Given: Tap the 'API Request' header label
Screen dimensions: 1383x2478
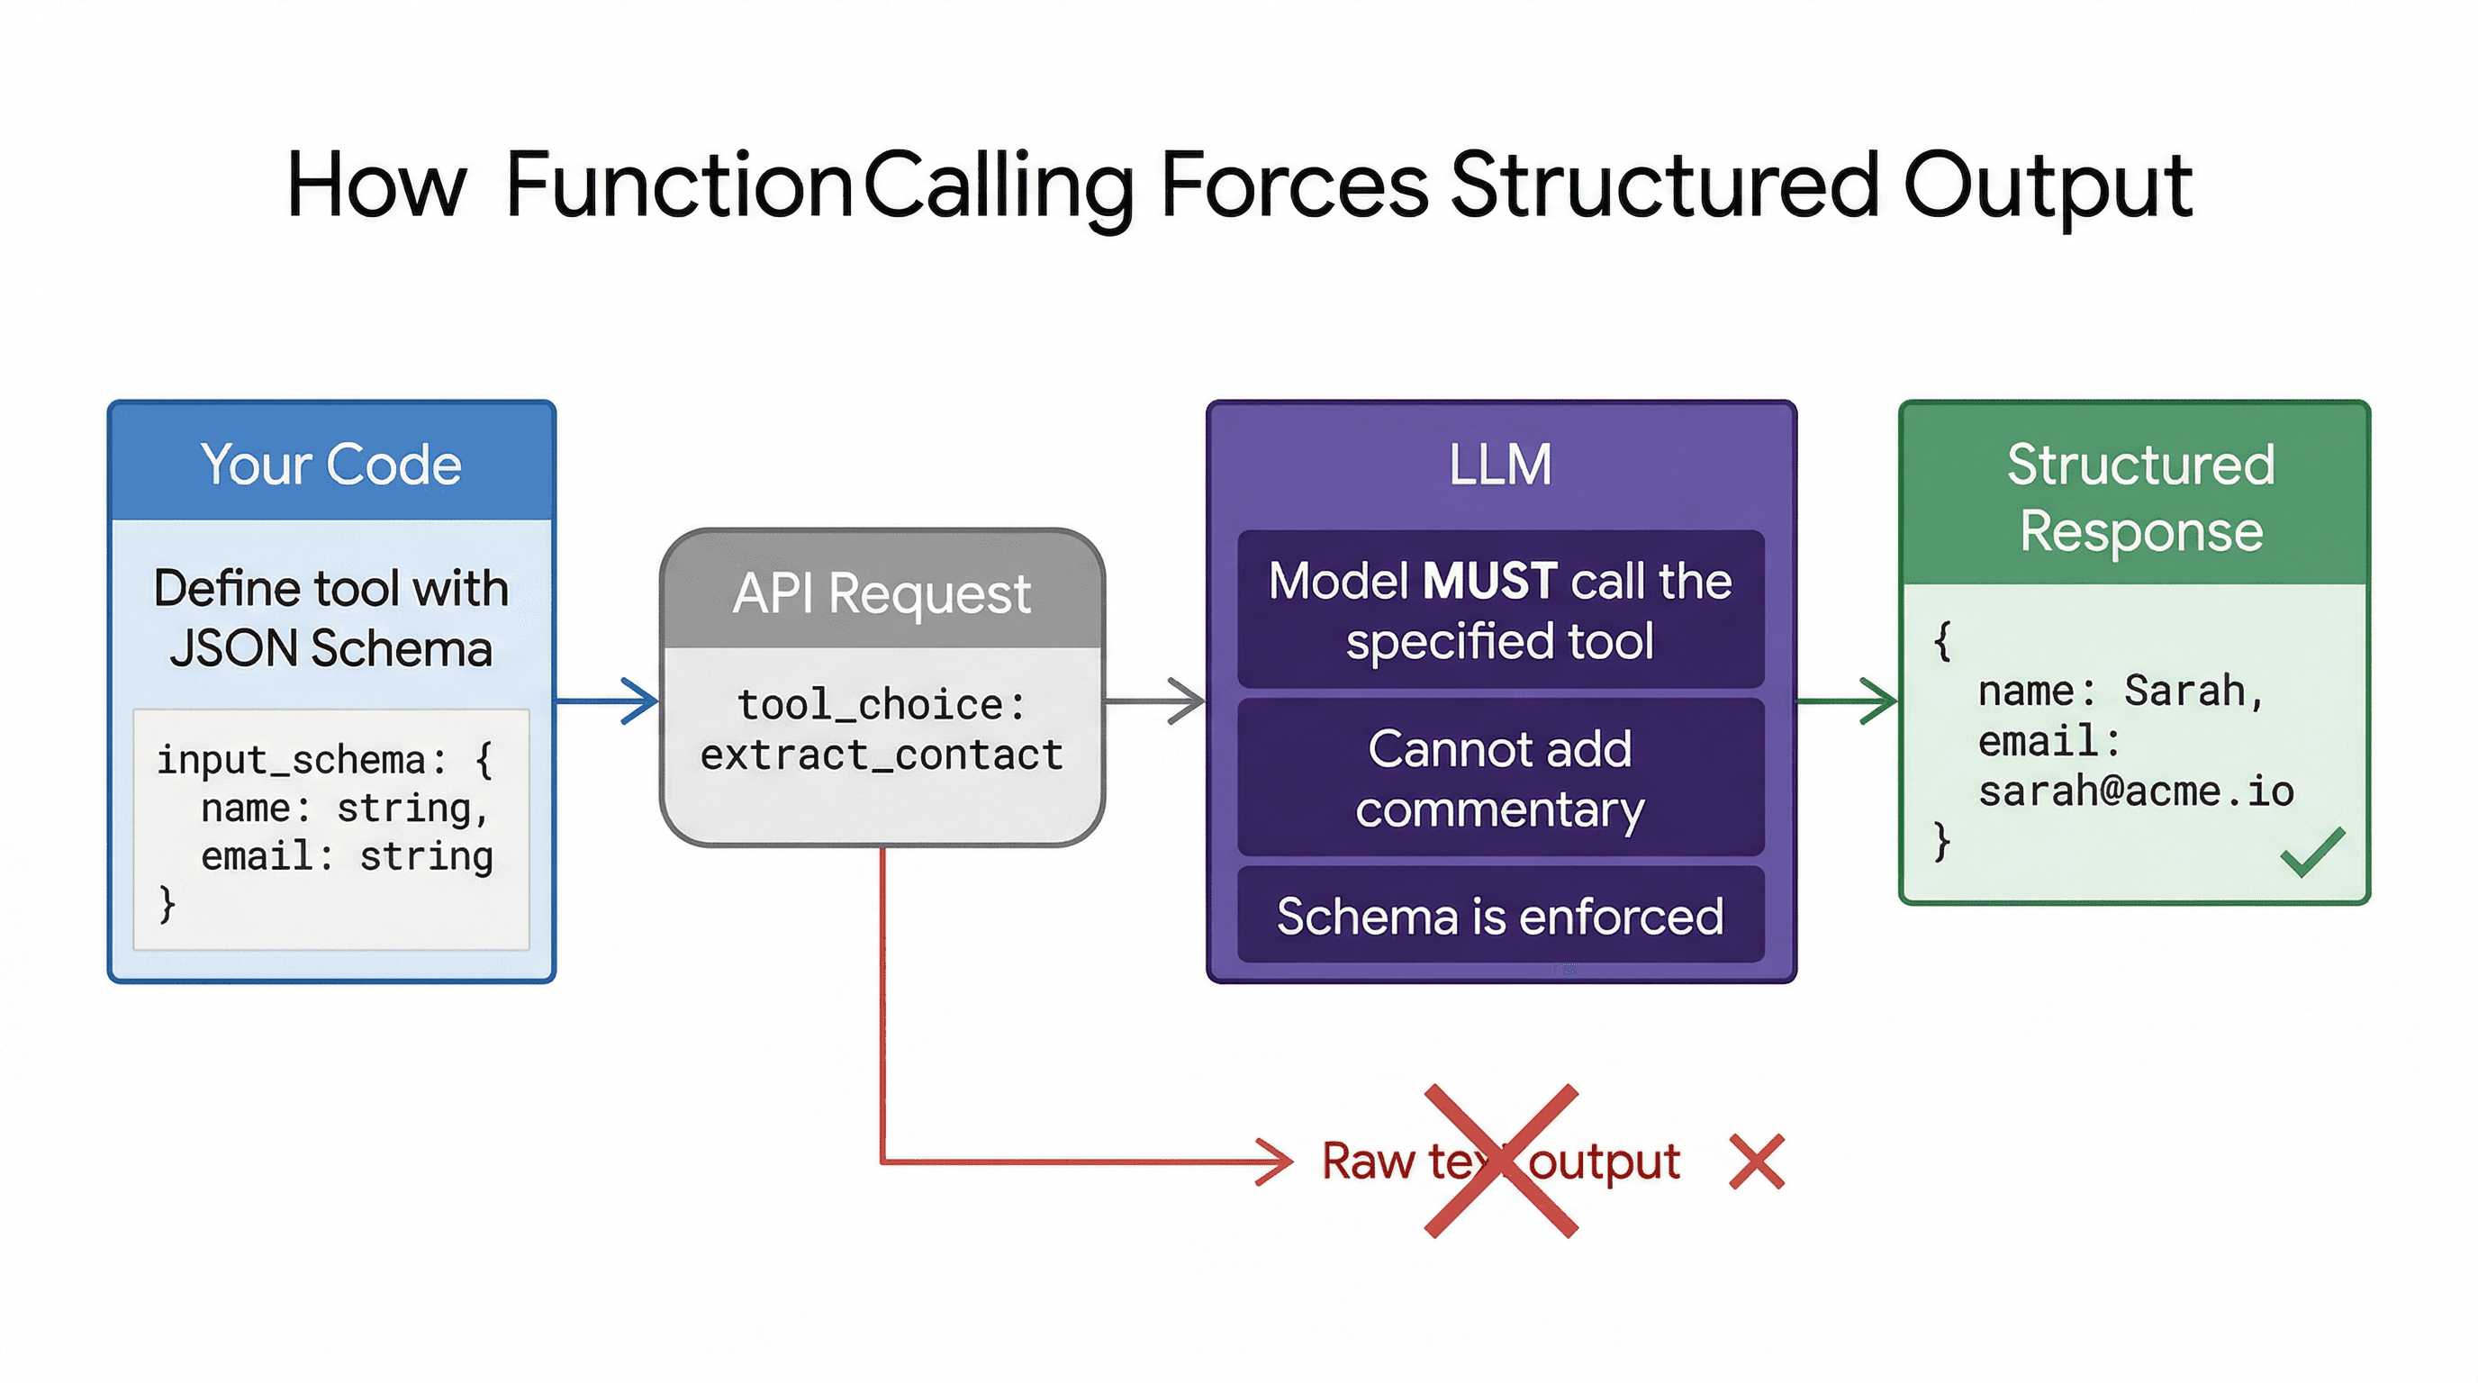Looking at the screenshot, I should [882, 592].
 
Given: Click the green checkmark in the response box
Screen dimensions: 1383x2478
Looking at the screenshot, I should [2311, 852].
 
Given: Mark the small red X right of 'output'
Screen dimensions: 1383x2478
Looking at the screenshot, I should [1756, 1162].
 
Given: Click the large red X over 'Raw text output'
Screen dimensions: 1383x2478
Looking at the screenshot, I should [1501, 1161].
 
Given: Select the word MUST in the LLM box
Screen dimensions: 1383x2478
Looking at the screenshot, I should [1489, 581].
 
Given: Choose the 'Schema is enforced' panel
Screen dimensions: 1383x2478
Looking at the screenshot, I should [1500, 916].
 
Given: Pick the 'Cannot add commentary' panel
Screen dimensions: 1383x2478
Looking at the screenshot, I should [1500, 778].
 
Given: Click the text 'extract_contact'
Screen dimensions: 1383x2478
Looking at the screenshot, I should [882, 755].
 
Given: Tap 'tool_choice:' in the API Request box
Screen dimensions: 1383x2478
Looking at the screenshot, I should [882, 705].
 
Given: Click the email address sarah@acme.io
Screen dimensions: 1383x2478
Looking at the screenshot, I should [2136, 791].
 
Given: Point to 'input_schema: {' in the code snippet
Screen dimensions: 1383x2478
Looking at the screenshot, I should [324, 760].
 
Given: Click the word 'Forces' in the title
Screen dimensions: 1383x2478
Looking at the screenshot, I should [1294, 185].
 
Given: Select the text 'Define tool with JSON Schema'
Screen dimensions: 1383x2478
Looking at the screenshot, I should [331, 618].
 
